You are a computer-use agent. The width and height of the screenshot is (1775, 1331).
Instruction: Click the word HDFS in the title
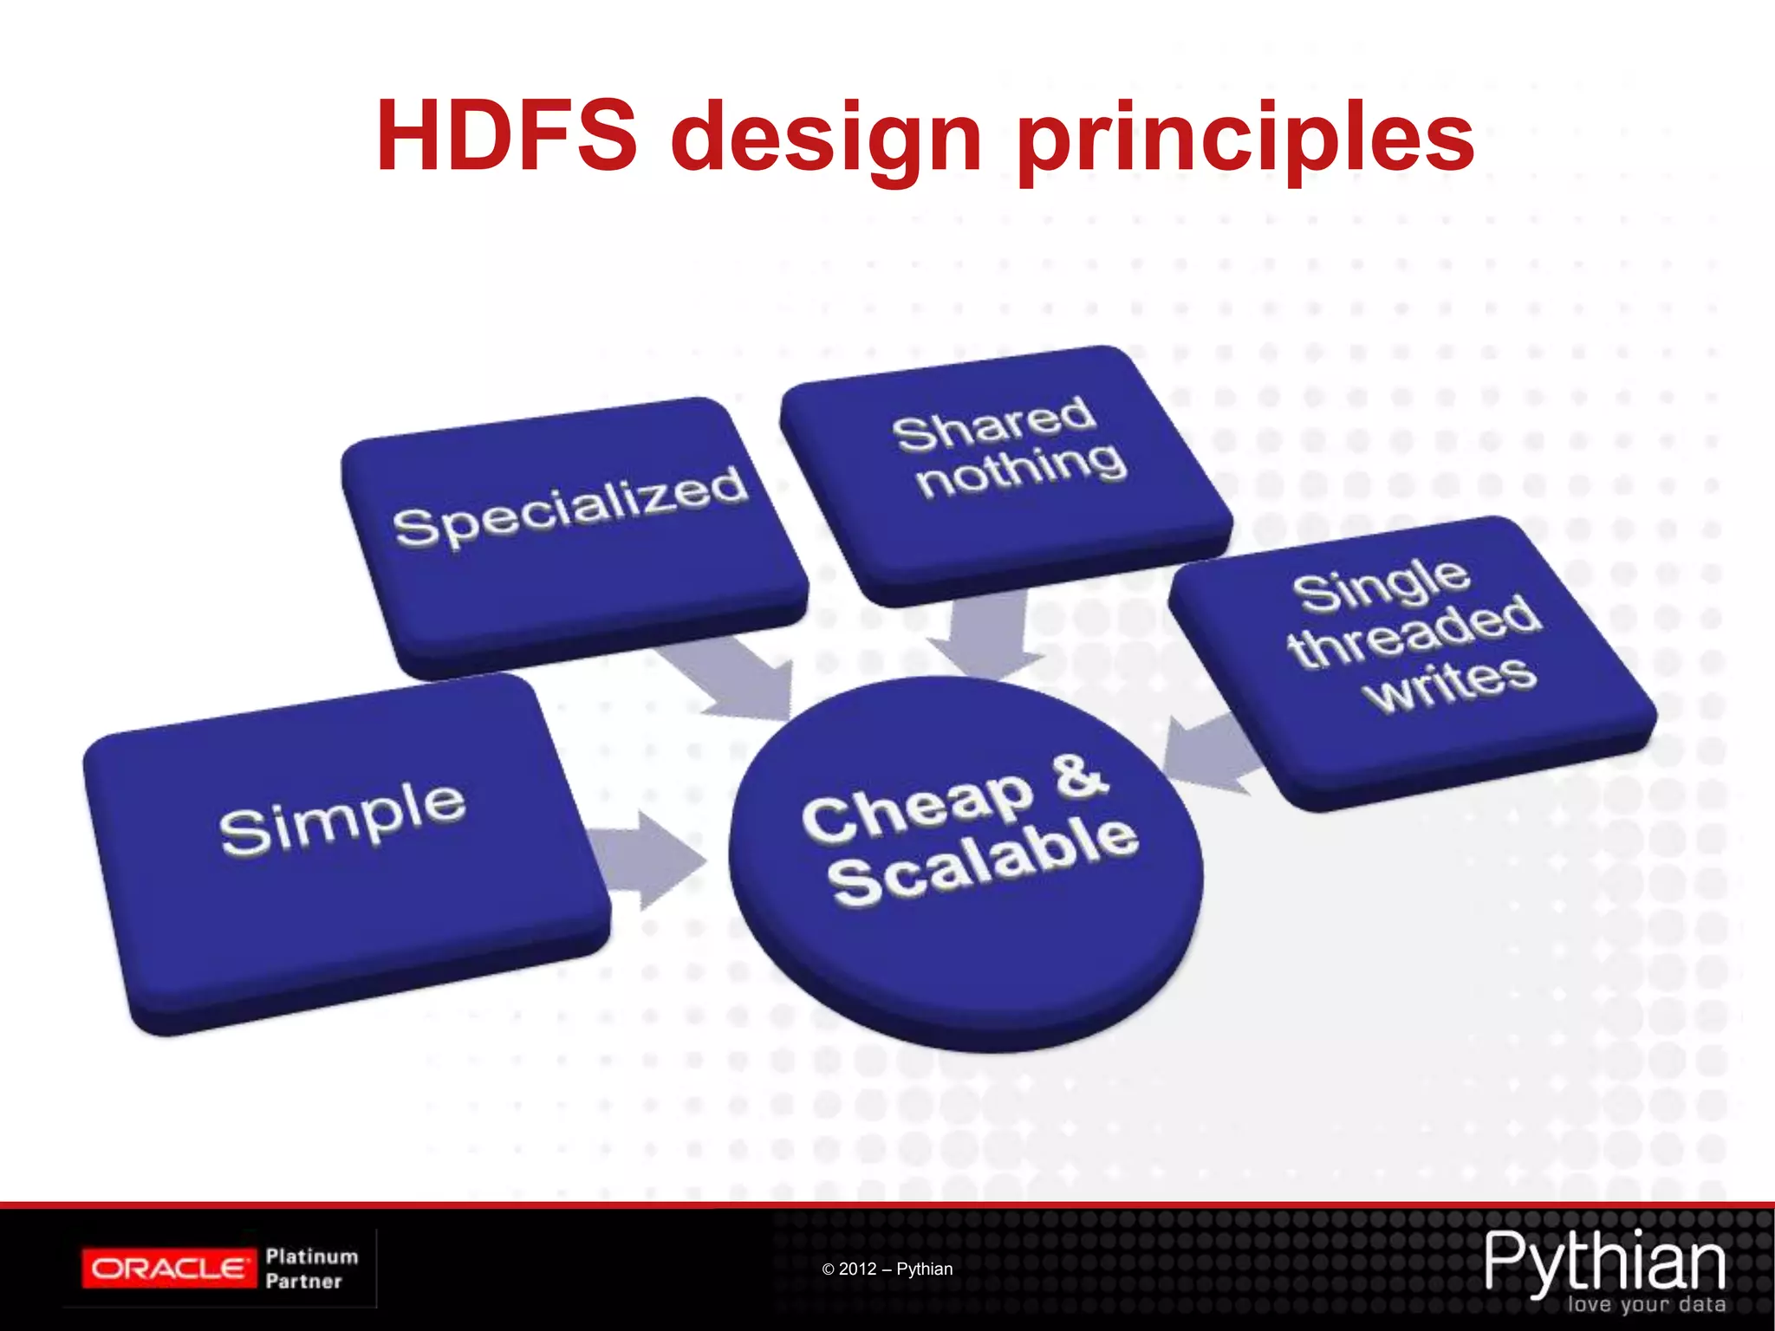(x=507, y=137)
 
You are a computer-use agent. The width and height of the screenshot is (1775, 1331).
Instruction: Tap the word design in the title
(x=826, y=139)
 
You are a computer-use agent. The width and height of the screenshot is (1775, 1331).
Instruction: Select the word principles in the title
(x=1245, y=139)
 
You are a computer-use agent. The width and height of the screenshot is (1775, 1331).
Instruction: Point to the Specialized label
(x=570, y=508)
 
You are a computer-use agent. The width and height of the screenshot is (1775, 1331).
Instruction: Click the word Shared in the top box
(x=994, y=424)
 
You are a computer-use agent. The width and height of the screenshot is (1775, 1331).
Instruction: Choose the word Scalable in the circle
(x=983, y=863)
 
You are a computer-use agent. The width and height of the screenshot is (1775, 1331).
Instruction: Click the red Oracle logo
(x=169, y=1269)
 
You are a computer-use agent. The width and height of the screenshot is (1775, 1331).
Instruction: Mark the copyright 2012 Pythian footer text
(x=887, y=1269)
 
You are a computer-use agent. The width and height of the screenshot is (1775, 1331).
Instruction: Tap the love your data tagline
(x=1645, y=1304)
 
